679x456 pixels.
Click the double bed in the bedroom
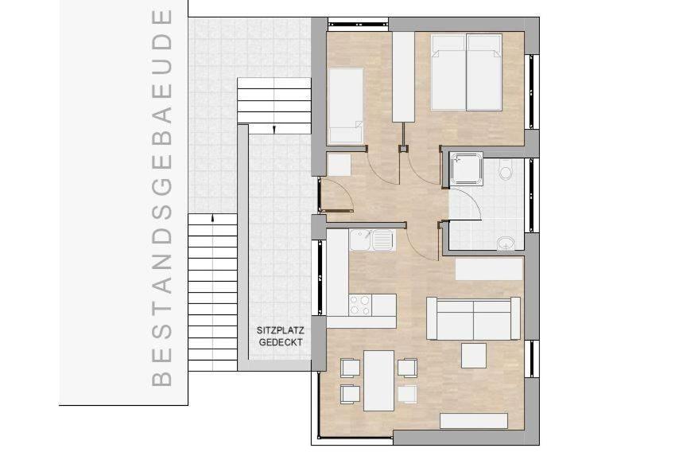(x=466, y=72)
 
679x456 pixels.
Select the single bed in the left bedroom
(x=346, y=105)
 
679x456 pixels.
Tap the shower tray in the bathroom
(x=466, y=169)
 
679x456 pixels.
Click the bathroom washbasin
(x=506, y=243)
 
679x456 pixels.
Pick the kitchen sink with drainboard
(x=371, y=239)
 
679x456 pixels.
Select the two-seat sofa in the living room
(x=473, y=319)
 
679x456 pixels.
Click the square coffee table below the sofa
(x=474, y=355)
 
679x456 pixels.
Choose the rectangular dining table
(x=378, y=380)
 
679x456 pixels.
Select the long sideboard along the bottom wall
(x=475, y=421)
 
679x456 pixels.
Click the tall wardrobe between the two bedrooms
(x=403, y=76)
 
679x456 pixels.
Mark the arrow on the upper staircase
(x=274, y=127)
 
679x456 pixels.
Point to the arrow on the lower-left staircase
(x=212, y=216)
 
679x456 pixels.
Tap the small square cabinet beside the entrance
(x=339, y=164)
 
